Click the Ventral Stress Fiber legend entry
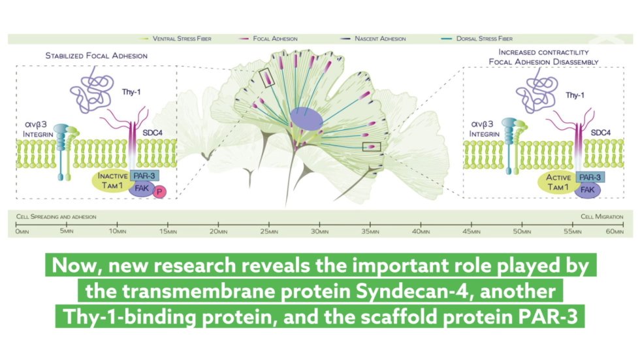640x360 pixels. pyautogui.click(x=176, y=39)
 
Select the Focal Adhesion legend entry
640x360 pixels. pyautogui.click(x=268, y=39)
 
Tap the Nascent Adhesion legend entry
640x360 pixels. pyautogui.click(x=373, y=39)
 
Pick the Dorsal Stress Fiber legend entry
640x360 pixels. pyautogui.click(x=477, y=39)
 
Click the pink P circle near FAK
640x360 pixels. pyautogui.click(x=159, y=192)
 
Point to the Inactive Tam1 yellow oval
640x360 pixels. pyautogui.click(x=111, y=181)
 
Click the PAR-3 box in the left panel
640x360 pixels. pyautogui.click(x=144, y=176)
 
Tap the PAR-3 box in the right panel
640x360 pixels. pyautogui.click(x=590, y=177)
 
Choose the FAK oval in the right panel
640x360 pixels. pyautogui.click(x=588, y=189)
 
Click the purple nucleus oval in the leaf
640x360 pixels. pyautogui.click(x=306, y=119)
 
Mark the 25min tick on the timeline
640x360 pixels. pyautogui.click(x=269, y=225)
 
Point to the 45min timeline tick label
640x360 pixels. pyautogui.click(x=472, y=231)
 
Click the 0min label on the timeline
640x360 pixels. pyautogui.click(x=22, y=231)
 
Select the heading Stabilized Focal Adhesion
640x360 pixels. pyautogui.click(x=97, y=56)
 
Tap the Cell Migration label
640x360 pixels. pyautogui.click(x=602, y=217)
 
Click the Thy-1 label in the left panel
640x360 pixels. pyautogui.click(x=131, y=92)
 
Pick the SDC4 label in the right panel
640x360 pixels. pyautogui.click(x=600, y=133)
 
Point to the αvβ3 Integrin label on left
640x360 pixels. pyautogui.click(x=38, y=129)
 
